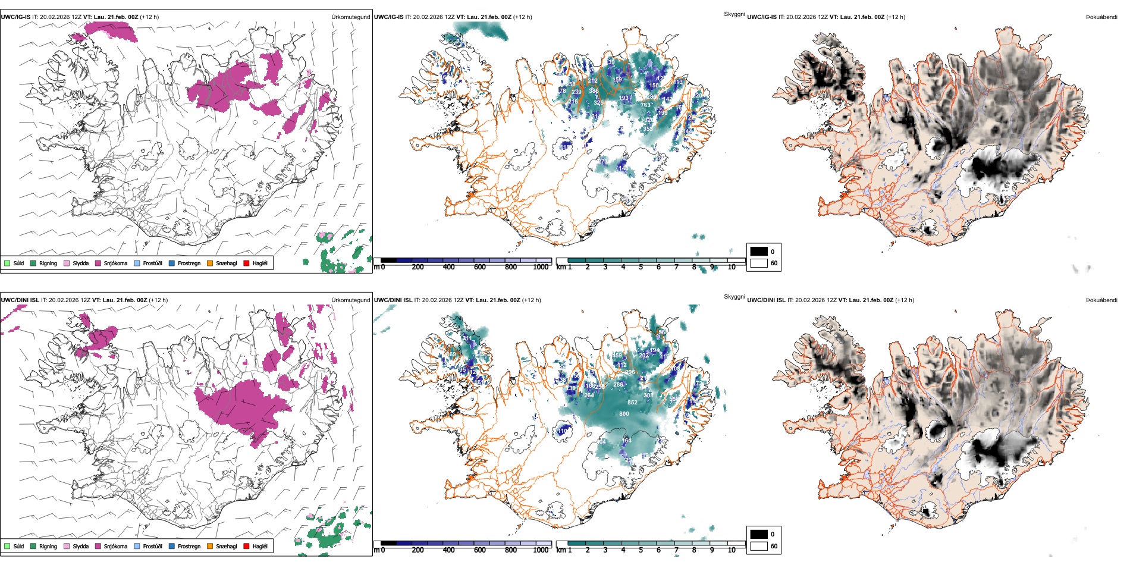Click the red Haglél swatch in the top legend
click(246, 263)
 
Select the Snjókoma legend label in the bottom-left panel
click(115, 546)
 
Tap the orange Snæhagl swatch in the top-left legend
click(210, 263)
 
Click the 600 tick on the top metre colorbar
click(480, 267)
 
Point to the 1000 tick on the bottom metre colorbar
click(541, 550)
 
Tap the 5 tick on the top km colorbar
click(641, 267)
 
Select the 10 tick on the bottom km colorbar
click(732, 550)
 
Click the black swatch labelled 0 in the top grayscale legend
click(759, 252)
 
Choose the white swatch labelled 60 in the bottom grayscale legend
click(759, 546)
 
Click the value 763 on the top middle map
click(645, 105)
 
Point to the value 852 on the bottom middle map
click(632, 403)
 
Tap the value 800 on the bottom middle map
click(624, 414)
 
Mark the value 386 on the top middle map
click(594, 92)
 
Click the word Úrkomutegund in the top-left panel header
click(350, 17)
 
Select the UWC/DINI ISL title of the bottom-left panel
click(20, 300)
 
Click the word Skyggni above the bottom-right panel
click(734, 297)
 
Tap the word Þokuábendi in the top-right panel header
click(1101, 17)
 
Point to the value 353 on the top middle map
click(648, 128)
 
